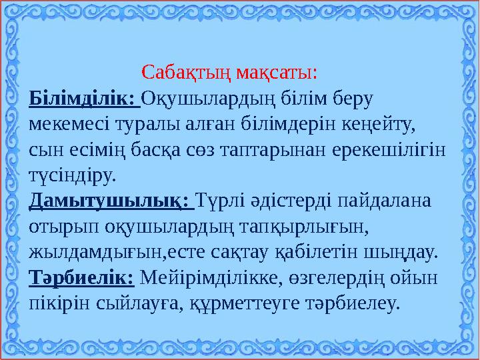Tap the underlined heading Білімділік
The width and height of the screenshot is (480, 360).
coord(83,99)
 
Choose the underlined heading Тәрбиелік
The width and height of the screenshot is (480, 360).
coord(82,277)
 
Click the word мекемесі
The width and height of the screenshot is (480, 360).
coord(71,125)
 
